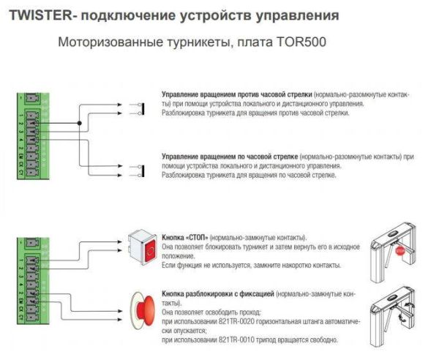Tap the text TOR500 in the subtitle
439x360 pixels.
click(301, 42)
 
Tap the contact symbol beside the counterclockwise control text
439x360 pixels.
click(136, 108)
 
